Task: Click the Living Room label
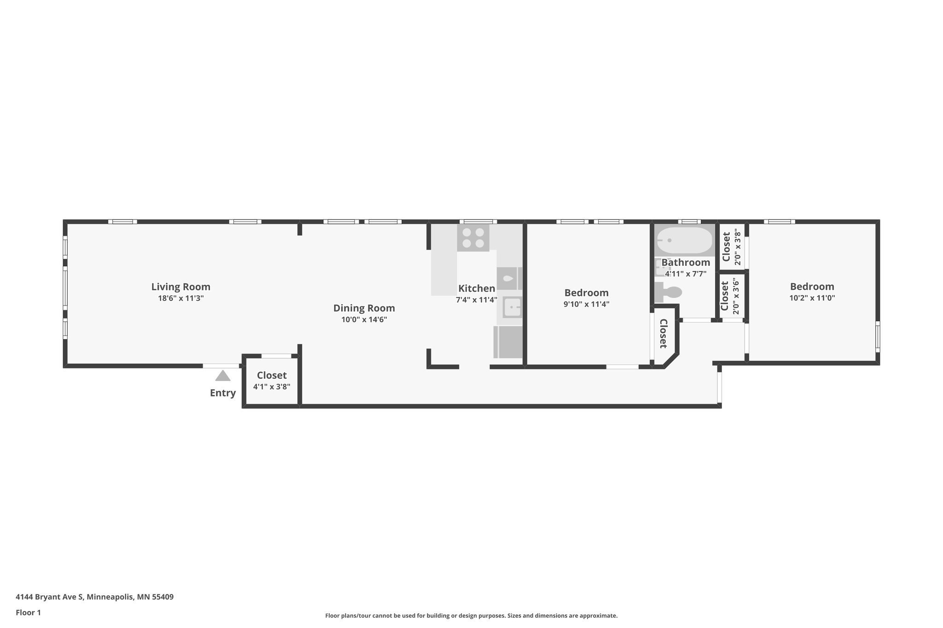(x=180, y=287)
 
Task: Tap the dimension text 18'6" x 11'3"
(x=180, y=298)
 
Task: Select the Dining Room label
(x=364, y=308)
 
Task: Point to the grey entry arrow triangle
(x=223, y=376)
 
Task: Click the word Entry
(x=223, y=393)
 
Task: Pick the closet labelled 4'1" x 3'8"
(x=272, y=380)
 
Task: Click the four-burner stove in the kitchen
(x=473, y=238)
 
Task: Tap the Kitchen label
(x=477, y=288)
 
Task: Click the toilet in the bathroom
(x=669, y=292)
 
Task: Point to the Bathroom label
(x=686, y=263)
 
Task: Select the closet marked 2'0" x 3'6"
(x=730, y=296)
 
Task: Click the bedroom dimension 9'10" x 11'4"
(x=586, y=304)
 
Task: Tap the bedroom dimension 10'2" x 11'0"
(x=812, y=298)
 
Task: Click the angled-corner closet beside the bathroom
(x=664, y=334)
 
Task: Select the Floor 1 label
(x=28, y=612)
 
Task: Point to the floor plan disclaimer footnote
(x=471, y=616)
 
